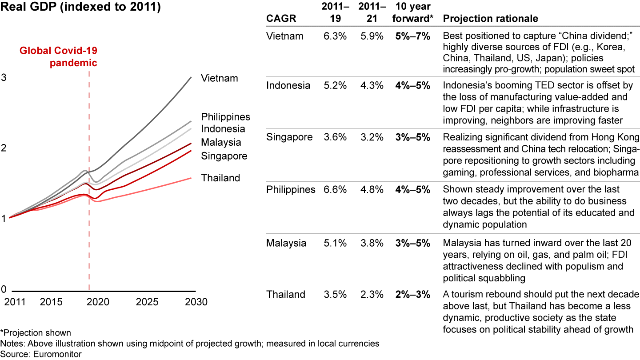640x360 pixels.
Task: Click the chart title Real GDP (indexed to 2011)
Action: point(80,8)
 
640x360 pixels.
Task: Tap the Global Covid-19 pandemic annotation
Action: point(58,56)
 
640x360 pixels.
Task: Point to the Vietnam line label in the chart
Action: point(219,78)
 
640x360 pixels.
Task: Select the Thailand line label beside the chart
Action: point(220,178)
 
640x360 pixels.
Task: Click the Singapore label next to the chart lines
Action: point(224,156)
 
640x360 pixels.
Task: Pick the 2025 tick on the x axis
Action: point(147,302)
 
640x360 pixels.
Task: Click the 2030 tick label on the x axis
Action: point(196,302)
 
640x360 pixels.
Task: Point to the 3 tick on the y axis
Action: point(4,77)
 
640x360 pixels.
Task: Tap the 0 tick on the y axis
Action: point(4,289)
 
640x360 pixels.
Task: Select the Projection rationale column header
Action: point(491,19)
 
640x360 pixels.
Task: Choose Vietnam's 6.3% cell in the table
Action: point(335,36)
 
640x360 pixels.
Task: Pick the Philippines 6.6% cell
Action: point(335,190)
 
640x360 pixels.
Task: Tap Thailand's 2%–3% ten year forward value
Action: point(412,294)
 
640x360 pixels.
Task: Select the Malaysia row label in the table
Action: point(286,243)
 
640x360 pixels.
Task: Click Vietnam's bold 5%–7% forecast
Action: point(412,36)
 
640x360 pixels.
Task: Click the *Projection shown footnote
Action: point(36,333)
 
